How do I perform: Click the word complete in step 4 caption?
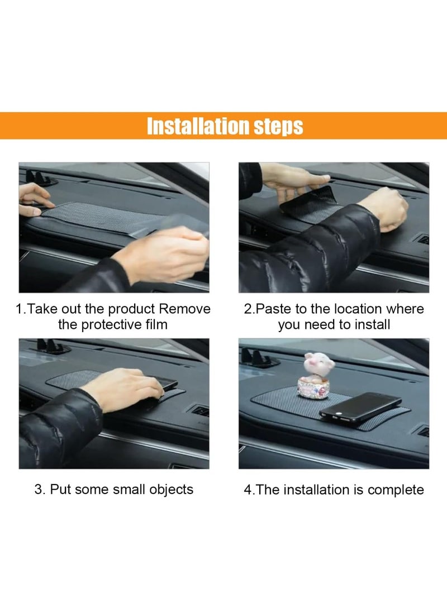(396, 490)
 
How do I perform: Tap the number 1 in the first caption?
(19, 309)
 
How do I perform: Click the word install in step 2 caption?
(371, 324)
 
